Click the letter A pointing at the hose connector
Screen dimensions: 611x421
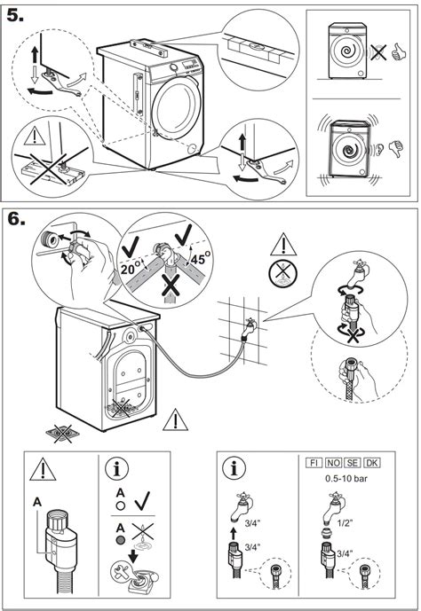tap(37, 501)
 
